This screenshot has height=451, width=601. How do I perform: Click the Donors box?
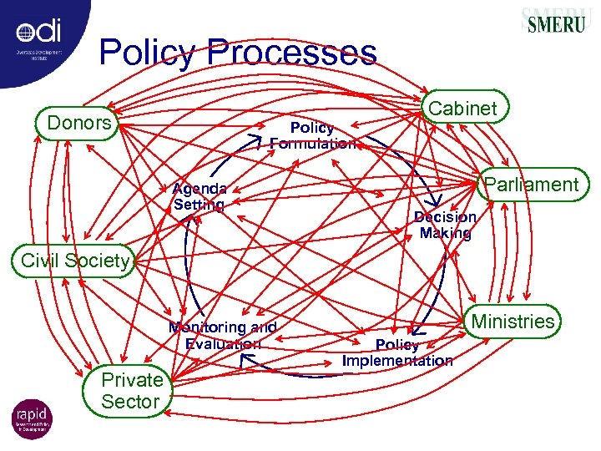coord(79,124)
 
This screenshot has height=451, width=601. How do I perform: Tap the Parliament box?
coord(531,185)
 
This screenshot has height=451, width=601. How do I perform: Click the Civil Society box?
coord(75,261)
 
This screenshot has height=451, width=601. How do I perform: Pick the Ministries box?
coord(513,322)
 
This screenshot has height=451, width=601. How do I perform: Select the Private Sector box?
coord(131,391)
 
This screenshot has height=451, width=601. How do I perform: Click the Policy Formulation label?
coord(311,135)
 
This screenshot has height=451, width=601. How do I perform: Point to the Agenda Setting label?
coord(199,196)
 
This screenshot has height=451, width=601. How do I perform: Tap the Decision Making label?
coord(445,225)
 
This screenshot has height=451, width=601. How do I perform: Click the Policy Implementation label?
coord(397,353)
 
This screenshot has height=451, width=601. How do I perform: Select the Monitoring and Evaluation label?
coord(222,336)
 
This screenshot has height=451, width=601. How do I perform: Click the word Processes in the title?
coord(293,53)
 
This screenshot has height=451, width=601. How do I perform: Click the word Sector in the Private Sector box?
coord(130,402)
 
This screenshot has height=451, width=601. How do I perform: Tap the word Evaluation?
coord(223,344)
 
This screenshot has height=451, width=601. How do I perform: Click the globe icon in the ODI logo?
coord(25,33)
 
